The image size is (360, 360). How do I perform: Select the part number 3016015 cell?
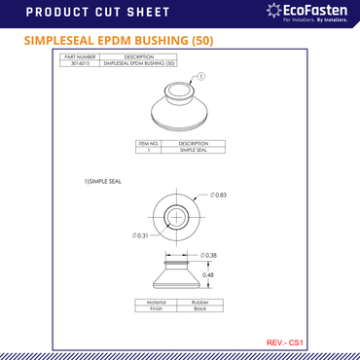pos(79,63)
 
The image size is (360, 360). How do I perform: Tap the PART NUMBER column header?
pos(79,56)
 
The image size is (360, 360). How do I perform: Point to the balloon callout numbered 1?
pos(200,76)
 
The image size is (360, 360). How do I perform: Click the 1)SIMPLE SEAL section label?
pos(102,181)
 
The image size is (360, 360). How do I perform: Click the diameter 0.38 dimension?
pos(208,255)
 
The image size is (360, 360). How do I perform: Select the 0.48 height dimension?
pos(207,274)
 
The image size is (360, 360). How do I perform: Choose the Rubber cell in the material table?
pos(199,302)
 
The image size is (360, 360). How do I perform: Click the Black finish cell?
pos(199,308)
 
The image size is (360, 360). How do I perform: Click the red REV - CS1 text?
pos(286,342)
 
